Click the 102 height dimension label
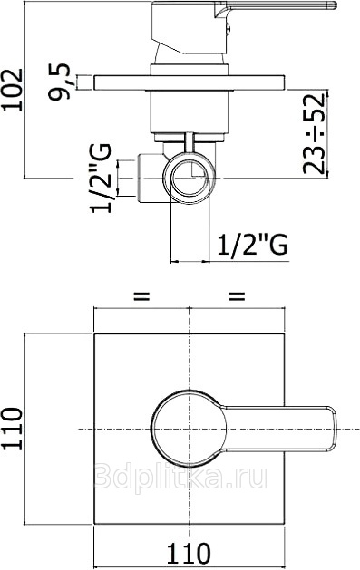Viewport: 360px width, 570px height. [x=13, y=90]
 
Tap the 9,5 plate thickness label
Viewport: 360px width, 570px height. [x=59, y=82]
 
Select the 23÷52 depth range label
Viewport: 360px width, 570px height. [x=313, y=133]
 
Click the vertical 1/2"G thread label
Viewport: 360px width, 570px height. [x=101, y=179]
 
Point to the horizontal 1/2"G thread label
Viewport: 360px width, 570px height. [x=252, y=245]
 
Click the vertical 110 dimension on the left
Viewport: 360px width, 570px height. [x=13, y=429]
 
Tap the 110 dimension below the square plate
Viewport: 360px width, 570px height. [x=189, y=553]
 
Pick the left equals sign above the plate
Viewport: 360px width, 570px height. [x=141, y=296]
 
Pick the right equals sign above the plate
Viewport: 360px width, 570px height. [x=237, y=296]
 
